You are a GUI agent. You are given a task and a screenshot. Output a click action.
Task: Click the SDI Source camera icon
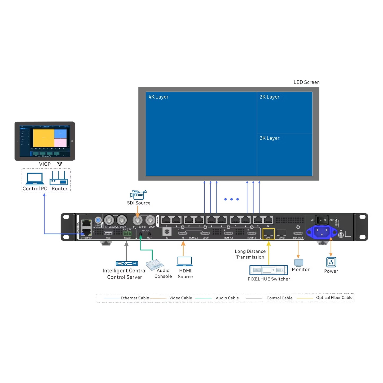138,195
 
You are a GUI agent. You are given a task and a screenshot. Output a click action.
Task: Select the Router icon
59,178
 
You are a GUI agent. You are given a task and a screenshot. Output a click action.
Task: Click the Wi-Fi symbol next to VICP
60,164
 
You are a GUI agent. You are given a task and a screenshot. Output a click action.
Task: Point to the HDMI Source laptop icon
185,261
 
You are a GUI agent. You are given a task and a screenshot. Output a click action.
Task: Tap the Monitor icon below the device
299,262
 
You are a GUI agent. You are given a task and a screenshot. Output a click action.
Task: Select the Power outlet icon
331,262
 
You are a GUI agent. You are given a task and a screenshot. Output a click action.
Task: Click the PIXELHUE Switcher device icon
268,270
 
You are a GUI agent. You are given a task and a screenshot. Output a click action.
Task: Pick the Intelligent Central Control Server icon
127,263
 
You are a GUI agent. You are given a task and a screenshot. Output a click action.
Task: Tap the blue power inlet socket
322,232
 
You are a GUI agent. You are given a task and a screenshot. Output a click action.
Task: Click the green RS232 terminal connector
127,234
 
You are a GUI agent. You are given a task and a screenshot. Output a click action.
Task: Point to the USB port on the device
108,233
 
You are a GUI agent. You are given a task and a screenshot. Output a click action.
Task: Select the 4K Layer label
158,97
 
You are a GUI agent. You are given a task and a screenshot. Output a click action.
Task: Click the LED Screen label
306,82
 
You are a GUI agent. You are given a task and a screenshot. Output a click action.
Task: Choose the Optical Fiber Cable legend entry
334,298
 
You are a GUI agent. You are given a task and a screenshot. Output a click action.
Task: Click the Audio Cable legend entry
227,298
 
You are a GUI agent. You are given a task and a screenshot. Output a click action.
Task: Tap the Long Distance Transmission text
250,254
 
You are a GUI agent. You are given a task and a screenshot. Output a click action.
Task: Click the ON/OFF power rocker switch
322,220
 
